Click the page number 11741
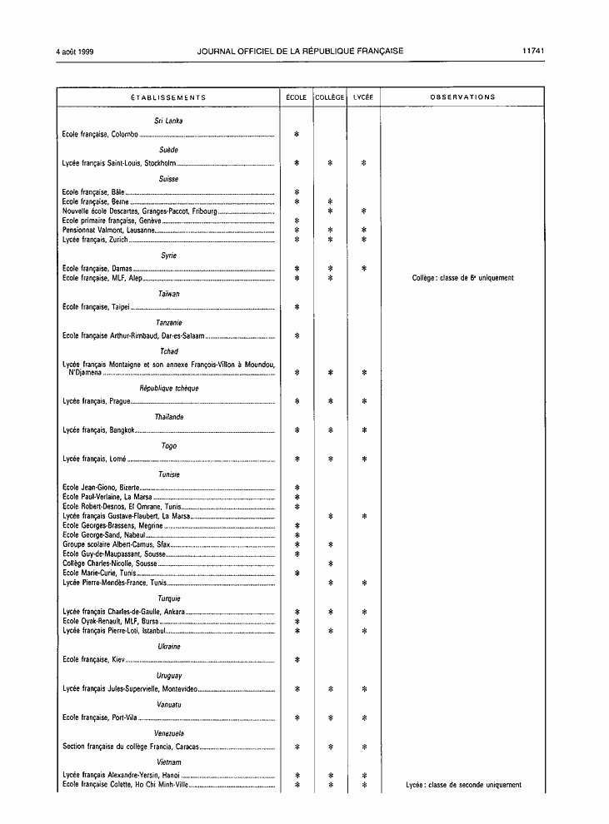click(533, 51)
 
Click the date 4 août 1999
click(75, 51)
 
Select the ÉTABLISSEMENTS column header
click(168, 97)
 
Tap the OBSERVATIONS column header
click(462, 97)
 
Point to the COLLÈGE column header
click(330, 97)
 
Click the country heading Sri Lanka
click(168, 121)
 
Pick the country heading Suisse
click(168, 179)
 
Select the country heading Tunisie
click(168, 474)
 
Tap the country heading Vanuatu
click(168, 705)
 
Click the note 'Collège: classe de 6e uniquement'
click(462, 278)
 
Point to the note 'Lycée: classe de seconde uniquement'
click(463, 785)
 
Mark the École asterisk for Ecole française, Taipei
click(297, 307)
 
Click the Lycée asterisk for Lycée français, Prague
click(364, 401)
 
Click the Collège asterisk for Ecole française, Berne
click(331, 202)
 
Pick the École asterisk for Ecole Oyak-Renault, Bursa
click(297, 622)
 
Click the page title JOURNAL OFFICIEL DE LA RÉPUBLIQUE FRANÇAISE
click(300, 51)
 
